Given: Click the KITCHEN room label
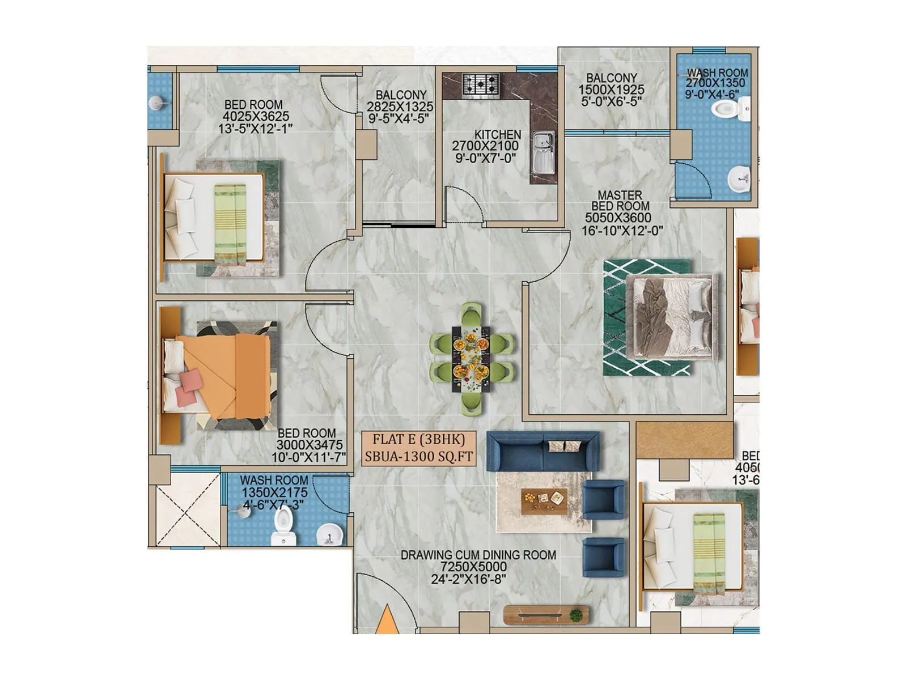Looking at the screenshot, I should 497,134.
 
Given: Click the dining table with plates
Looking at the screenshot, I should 471,358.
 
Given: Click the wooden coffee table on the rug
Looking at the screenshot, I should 543,500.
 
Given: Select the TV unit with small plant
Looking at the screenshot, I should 546,614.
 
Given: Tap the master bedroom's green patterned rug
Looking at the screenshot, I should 647,317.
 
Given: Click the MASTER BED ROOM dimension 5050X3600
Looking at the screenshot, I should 618,218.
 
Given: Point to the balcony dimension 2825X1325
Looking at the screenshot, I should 400,107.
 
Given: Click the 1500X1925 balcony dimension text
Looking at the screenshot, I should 611,90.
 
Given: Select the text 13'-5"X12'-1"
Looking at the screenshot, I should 255,129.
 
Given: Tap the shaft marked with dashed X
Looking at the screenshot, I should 187,509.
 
